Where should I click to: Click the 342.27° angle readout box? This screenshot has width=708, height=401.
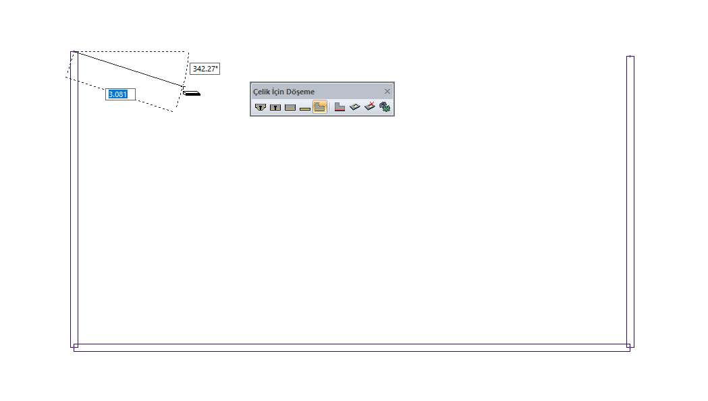(205, 69)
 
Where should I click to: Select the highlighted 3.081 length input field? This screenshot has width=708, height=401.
(121, 94)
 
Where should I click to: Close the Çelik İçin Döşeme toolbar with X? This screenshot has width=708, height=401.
(387, 92)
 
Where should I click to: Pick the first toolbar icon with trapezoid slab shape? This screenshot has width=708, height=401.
(261, 107)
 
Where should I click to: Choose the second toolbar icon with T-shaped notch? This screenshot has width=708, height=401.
(275, 107)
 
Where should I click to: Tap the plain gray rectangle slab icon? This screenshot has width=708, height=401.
(290, 107)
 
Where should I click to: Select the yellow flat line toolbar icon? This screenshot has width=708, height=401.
(305, 108)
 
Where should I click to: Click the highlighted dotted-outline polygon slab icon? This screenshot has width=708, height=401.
(320, 107)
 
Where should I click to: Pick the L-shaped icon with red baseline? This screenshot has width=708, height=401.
(339, 107)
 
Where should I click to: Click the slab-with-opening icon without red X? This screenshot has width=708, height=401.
(355, 107)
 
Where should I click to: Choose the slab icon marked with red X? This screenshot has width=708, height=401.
(370, 106)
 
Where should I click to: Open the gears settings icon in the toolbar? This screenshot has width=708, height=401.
(385, 107)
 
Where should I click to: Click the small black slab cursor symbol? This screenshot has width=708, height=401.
(192, 93)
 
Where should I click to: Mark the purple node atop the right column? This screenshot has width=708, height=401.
(630, 57)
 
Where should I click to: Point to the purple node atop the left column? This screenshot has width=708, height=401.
(74, 53)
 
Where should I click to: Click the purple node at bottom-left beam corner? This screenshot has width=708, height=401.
(74, 346)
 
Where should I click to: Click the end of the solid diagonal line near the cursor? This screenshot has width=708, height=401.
(183, 86)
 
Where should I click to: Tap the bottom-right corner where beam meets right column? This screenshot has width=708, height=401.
(629, 347)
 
